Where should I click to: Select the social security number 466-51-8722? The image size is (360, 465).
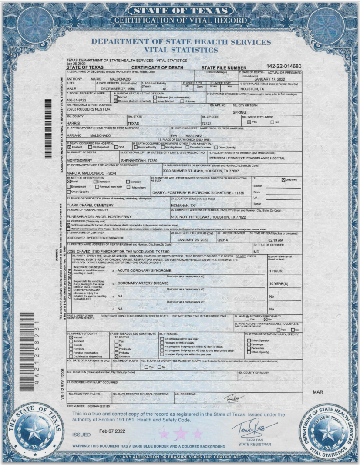77,100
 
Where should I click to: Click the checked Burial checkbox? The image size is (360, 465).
69,182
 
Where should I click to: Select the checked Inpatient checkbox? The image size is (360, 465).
69,148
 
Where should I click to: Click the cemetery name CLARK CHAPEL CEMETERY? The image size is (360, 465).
90,205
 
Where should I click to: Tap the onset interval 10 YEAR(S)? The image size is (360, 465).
278,283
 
